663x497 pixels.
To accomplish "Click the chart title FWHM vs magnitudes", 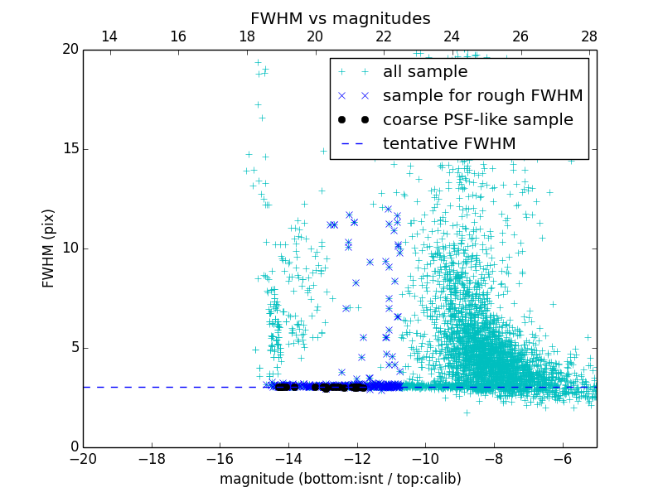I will click(x=340, y=18).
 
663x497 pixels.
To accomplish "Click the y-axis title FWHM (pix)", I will click(x=49, y=248).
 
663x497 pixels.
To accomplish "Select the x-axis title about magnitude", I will click(x=340, y=479).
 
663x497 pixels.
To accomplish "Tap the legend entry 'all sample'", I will click(x=425, y=72).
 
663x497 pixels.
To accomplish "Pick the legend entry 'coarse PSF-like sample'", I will click(x=477, y=120).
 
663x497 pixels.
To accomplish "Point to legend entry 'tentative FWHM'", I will click(x=449, y=144).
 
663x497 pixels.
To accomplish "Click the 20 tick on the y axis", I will click(x=69, y=50).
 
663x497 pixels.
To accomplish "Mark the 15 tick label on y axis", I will click(x=69, y=149).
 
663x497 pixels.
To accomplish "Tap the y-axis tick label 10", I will click(x=69, y=248).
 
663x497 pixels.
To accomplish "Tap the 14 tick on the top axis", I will click(x=109, y=36).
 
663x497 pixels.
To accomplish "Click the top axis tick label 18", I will click(x=246, y=36).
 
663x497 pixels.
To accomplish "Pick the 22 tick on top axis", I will click(x=383, y=36).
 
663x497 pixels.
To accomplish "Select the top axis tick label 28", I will click(x=589, y=36).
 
